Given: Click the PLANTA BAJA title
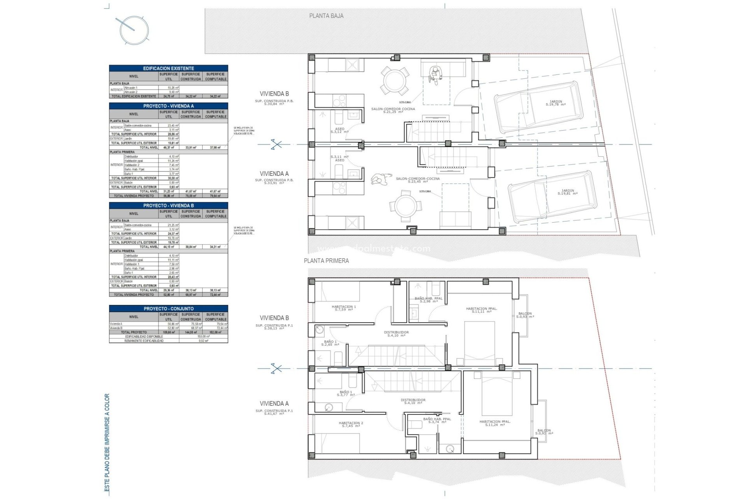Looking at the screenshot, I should (x=326, y=16).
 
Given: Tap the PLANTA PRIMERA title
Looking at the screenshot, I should (x=326, y=261).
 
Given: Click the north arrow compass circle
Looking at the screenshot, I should (x=134, y=30).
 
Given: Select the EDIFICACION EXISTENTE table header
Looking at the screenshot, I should (x=168, y=68).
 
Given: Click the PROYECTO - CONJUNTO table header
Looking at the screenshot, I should (x=168, y=309).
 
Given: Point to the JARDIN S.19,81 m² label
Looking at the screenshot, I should (x=567, y=192).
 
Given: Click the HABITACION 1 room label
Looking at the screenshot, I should (x=344, y=308).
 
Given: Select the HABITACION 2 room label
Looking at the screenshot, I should (x=351, y=425).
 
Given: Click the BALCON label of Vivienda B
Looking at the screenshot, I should (x=525, y=315).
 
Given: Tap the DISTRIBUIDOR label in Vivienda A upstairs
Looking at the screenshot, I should (x=413, y=401).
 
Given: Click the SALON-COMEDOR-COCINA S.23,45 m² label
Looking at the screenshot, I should (x=417, y=180).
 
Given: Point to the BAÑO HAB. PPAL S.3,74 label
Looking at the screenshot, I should (x=437, y=420).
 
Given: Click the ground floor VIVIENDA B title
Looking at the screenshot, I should (x=274, y=94).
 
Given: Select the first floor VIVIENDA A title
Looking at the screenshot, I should (x=274, y=403).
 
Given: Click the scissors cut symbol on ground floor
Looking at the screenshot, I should (x=276, y=145).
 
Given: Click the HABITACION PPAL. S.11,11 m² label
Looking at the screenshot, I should (x=481, y=310).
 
